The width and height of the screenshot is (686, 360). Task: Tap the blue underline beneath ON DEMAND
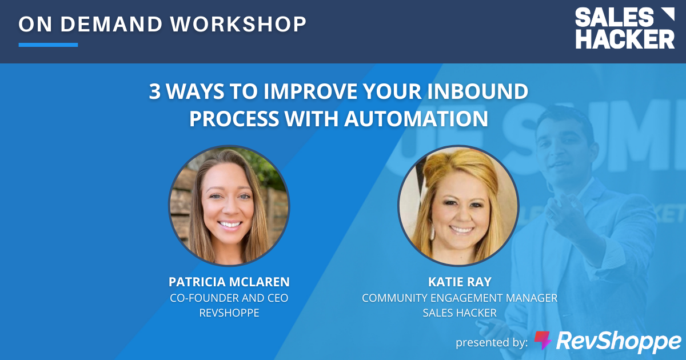tap(48, 45)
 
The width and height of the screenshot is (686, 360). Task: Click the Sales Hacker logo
tap(624, 29)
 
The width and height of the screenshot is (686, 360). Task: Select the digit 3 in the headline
tap(155, 92)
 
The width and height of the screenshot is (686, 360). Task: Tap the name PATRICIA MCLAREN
tap(229, 282)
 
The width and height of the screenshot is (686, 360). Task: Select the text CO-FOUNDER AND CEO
tap(229, 298)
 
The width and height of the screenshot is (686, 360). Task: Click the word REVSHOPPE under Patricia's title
tap(229, 313)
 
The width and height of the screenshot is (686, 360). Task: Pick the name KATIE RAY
tap(459, 282)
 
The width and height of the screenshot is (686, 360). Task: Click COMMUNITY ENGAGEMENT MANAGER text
tap(459, 298)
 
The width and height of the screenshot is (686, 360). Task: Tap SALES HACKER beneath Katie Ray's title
tap(459, 313)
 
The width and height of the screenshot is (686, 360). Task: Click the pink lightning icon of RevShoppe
tap(543, 341)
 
